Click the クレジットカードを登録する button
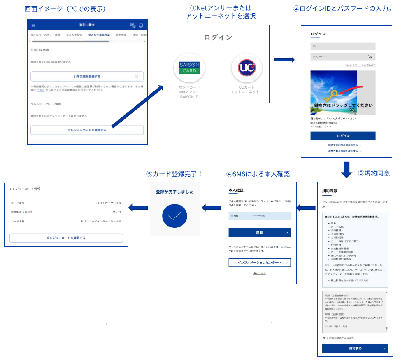tap(87, 130)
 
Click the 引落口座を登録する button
tap(87, 77)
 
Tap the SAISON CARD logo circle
tap(189, 68)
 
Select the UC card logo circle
tap(247, 68)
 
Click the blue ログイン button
tap(343, 136)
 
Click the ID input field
tap(343, 47)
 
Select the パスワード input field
tap(343, 57)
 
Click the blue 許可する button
tap(355, 348)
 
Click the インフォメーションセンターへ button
tap(260, 263)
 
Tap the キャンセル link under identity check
tap(259, 274)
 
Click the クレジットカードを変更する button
tap(66, 238)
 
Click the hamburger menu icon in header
tap(33, 26)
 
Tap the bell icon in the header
tap(141, 26)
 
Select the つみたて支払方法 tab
tap(98, 35)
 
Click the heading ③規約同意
tap(374, 173)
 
